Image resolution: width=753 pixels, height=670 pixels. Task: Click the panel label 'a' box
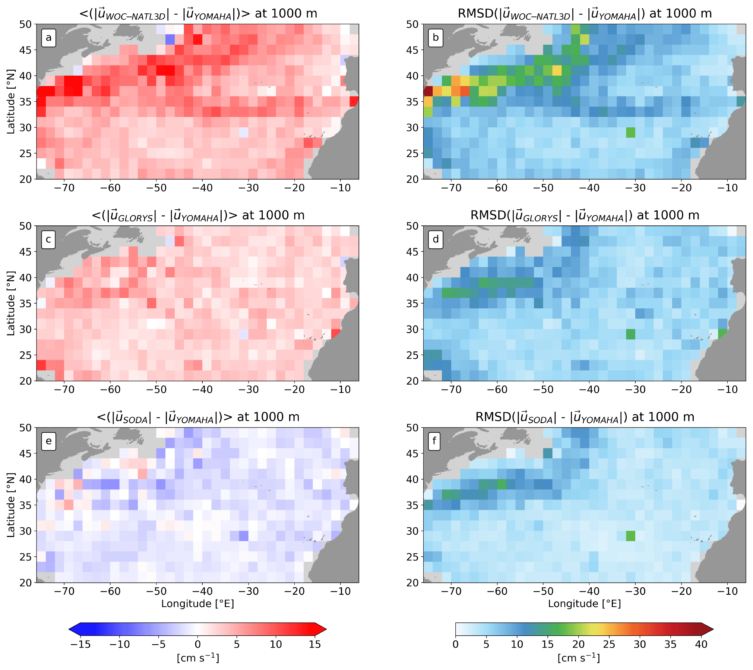tap(48, 38)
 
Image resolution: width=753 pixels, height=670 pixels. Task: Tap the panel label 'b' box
tap(436, 38)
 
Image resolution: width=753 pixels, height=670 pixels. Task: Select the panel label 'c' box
tap(48, 239)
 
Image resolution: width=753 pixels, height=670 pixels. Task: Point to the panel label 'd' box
tap(436, 239)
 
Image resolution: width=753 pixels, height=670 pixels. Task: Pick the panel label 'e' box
tap(48, 441)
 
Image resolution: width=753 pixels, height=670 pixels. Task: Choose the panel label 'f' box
tap(434, 441)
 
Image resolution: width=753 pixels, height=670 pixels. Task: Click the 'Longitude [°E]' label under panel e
tap(197, 604)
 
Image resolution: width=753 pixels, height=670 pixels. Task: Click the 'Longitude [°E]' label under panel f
tap(584, 604)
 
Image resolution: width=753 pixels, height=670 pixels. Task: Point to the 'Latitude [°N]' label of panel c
tap(11, 303)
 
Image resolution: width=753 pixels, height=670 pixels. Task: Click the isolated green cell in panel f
tap(630, 536)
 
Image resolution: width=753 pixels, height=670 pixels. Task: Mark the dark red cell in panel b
tap(428, 91)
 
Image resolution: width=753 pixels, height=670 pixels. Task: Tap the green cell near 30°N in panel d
tap(630, 334)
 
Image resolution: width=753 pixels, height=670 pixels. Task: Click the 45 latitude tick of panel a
tap(25, 50)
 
